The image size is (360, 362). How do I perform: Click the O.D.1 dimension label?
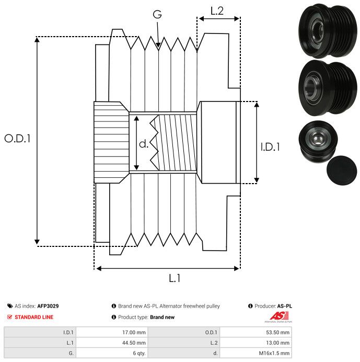pyautogui.click(x=18, y=139)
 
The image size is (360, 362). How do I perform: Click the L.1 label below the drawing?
pyautogui.click(x=175, y=278)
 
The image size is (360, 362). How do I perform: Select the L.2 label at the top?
pyautogui.click(x=217, y=10)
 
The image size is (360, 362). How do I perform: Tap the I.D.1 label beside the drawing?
pyautogui.click(x=270, y=148)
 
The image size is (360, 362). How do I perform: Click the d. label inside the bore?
pyautogui.click(x=144, y=143)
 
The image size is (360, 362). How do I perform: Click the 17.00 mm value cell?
pyautogui.click(x=133, y=332)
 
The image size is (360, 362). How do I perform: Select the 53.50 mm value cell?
pyautogui.click(x=276, y=332)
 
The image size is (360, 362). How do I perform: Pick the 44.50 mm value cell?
pyautogui.click(x=133, y=342)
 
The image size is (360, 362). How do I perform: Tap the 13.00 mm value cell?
pyautogui.click(x=276, y=342)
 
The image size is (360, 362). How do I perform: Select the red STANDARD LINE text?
pyautogui.click(x=34, y=317)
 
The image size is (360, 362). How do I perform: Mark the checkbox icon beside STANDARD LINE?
pyautogui.click(x=10, y=317)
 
